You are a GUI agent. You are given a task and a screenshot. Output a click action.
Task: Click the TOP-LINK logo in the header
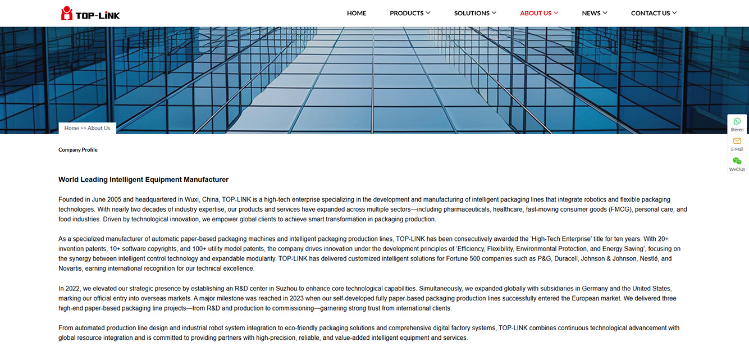pyautogui.click(x=90, y=13)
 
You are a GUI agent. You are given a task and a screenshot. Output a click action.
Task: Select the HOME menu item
pyautogui.click(x=357, y=13)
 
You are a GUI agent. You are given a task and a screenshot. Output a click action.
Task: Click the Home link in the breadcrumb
pyautogui.click(x=71, y=128)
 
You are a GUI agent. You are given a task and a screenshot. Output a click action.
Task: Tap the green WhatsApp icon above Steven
pyautogui.click(x=737, y=121)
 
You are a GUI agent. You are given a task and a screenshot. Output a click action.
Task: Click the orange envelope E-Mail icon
pyautogui.click(x=737, y=141)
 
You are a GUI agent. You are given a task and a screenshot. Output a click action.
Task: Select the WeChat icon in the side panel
pyautogui.click(x=737, y=161)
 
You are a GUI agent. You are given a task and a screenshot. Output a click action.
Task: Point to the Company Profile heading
pyautogui.click(x=78, y=150)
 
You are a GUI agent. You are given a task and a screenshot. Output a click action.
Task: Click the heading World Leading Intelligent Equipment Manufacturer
pyautogui.click(x=143, y=180)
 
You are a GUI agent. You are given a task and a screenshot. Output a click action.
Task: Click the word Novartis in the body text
pyautogui.click(x=70, y=268)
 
